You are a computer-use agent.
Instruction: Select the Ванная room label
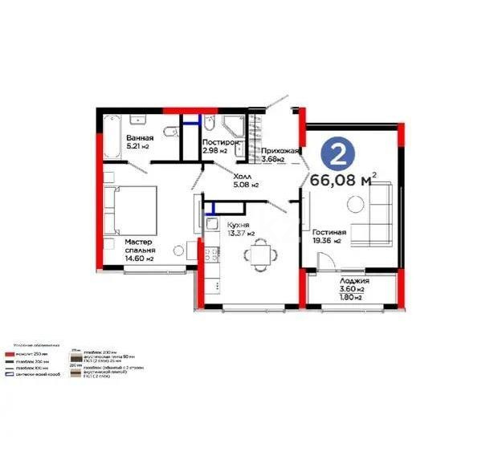[x=140, y=138]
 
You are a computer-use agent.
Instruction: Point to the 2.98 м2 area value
[x=214, y=151]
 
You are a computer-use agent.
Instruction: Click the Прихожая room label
[x=280, y=150]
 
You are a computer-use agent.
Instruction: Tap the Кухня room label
[x=239, y=226]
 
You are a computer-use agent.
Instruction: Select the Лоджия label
[x=354, y=281]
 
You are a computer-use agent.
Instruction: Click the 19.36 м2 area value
[x=327, y=241]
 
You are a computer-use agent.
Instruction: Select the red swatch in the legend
[x=12, y=353]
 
